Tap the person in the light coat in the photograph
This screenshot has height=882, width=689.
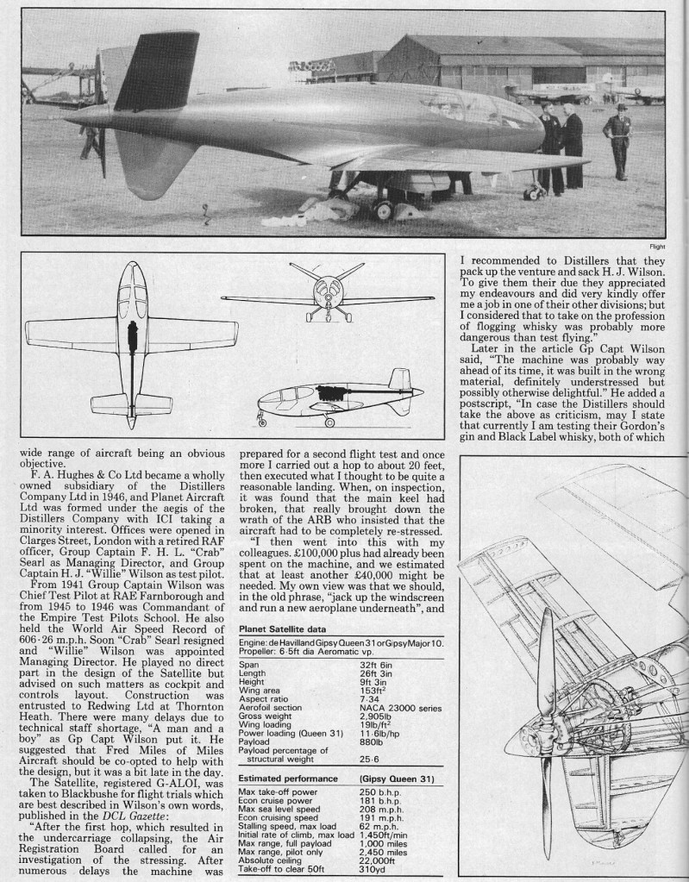617,138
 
